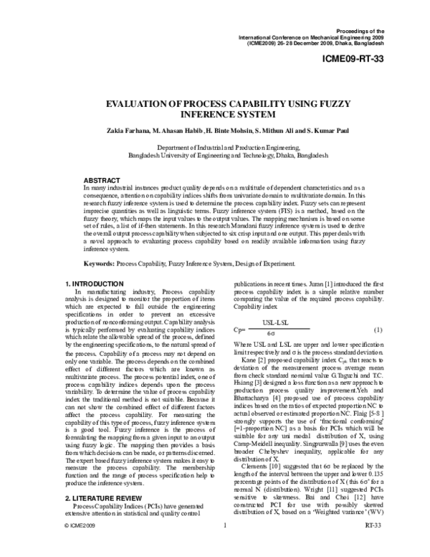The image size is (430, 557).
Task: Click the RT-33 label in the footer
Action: (372, 545)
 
